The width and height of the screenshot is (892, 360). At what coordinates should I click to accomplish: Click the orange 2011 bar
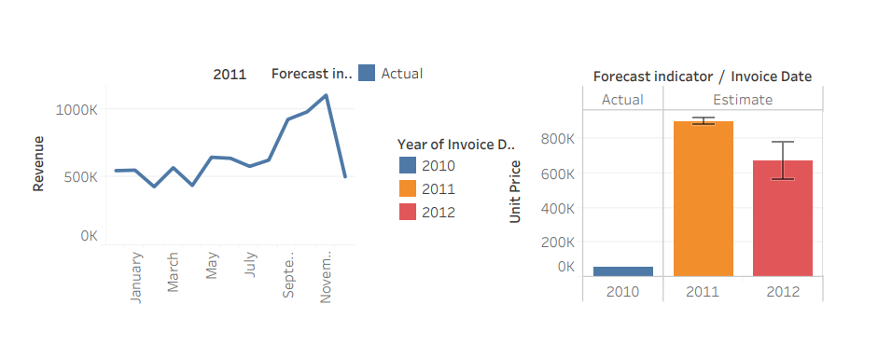click(703, 198)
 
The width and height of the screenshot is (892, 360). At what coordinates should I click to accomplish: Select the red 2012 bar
click(783, 217)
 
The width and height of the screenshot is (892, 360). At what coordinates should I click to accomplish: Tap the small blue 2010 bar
click(623, 270)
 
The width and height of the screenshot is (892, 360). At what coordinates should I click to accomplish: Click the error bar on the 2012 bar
click(783, 159)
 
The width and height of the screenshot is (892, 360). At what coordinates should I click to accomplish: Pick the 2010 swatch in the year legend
click(408, 165)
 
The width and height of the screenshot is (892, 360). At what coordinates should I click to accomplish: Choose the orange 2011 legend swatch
click(408, 188)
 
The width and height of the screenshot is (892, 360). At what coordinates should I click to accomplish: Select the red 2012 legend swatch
click(408, 212)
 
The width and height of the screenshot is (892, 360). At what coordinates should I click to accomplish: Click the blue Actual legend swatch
click(367, 73)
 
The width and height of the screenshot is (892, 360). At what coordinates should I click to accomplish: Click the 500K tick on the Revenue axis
click(80, 176)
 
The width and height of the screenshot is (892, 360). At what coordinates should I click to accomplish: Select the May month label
click(212, 265)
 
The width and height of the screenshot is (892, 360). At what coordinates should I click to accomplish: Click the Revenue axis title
click(39, 163)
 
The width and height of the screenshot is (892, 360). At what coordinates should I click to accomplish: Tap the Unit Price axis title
click(515, 191)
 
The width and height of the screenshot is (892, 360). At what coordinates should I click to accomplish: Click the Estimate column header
click(743, 100)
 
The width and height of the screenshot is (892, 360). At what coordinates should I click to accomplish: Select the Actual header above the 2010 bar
click(622, 100)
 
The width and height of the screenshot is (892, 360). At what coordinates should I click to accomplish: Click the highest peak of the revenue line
click(326, 95)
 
